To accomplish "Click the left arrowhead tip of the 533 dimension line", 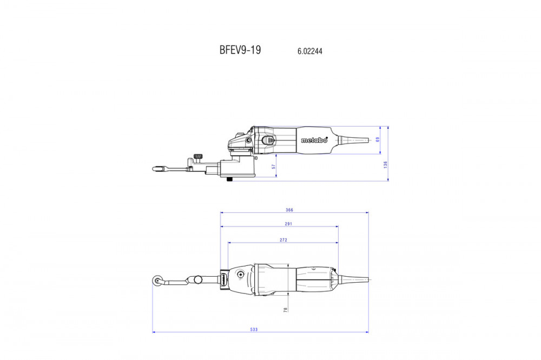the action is point(153,332).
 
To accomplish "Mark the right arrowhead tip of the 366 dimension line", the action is point(368,213).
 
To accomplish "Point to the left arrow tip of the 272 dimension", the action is point(228,242).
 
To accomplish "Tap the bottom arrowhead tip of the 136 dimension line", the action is point(388,181).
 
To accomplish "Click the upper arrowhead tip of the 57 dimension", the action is point(276,154).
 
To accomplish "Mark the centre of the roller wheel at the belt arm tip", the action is point(157,281).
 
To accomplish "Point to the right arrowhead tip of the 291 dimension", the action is point(338,226).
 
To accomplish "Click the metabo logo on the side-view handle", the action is point(314,139).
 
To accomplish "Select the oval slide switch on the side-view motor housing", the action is point(268,139).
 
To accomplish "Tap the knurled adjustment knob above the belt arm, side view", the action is point(197,157).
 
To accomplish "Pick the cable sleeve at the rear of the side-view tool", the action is point(353,139).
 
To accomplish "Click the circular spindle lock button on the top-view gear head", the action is point(240,275).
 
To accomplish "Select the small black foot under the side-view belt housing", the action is point(229,179).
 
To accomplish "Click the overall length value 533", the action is point(254,329).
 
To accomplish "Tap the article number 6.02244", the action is point(310,51).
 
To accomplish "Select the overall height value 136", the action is point(385,164).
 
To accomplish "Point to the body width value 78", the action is point(286,310).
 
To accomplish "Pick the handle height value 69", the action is point(378,139).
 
